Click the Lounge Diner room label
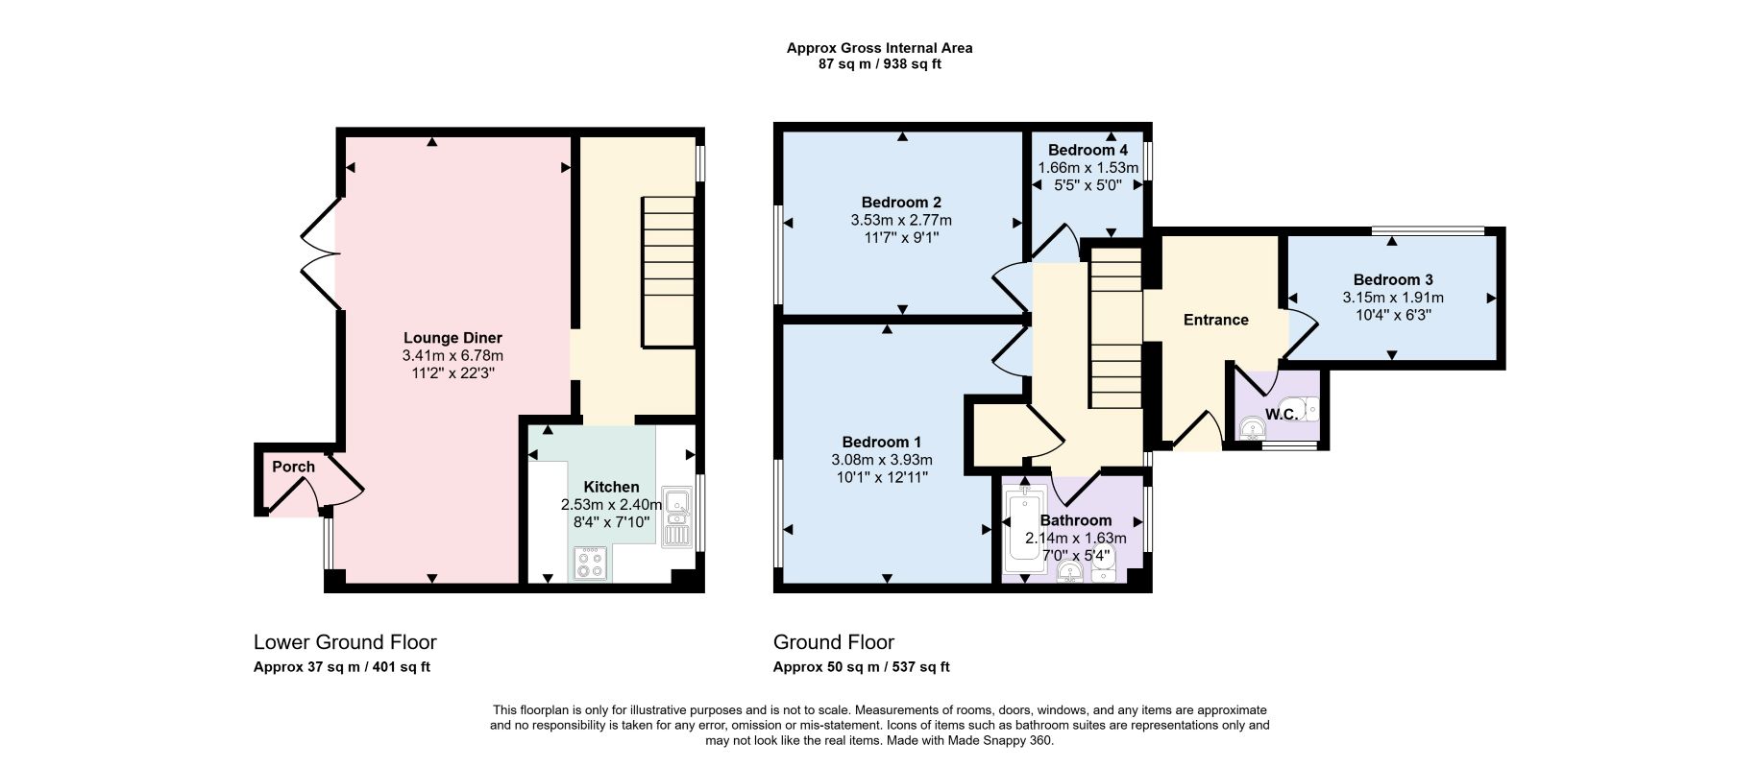[452, 338]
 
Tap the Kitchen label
[611, 487]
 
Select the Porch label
[293, 467]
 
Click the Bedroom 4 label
[1088, 150]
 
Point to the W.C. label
[1282, 414]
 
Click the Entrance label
[1215, 320]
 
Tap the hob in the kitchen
[590, 563]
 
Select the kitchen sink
[676, 516]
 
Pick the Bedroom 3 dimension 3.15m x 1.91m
[1392, 298]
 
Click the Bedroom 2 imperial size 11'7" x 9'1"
[901, 236]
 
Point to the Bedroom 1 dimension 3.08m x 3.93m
[882, 460]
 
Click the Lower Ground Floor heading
[345, 642]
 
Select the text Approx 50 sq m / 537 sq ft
[862, 667]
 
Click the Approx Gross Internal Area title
[880, 48]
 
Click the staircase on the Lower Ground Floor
[669, 272]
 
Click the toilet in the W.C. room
[1308, 410]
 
